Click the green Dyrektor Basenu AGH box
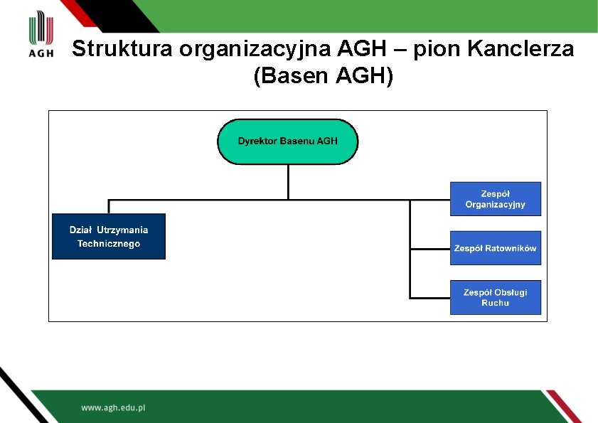(287, 141)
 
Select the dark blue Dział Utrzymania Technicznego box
(109, 237)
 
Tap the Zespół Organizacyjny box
(495, 199)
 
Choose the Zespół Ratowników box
(495, 248)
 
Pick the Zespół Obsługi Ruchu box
(495, 297)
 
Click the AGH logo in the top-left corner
(41, 36)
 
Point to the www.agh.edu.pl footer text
(113, 408)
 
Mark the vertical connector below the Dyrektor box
(288, 181)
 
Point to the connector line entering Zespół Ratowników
(430, 249)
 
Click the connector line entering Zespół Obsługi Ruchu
(430, 297)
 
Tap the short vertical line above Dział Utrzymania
(109, 206)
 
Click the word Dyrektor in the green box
(257, 141)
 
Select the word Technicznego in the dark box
(109, 244)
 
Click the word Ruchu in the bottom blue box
(495, 303)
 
